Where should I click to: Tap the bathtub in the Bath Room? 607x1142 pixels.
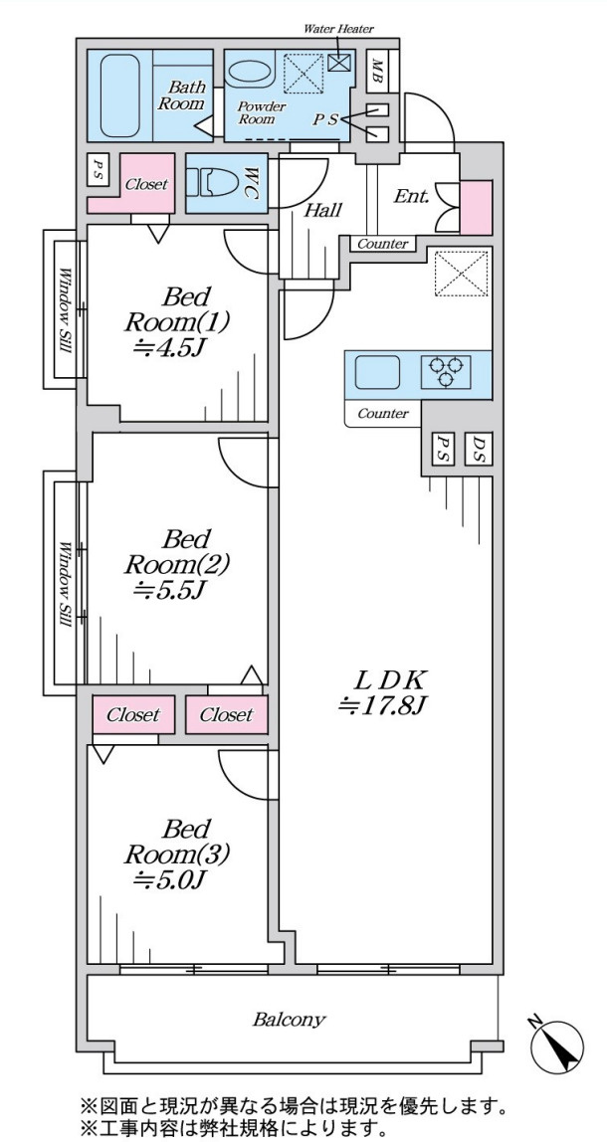119,95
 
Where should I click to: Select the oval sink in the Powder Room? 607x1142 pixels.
249,72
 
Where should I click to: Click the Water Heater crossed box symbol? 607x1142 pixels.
339,62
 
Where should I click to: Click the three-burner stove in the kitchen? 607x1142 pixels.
446,372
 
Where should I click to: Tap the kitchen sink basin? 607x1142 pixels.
377,373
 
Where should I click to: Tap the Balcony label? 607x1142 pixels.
290,1019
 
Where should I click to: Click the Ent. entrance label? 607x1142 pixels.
411,195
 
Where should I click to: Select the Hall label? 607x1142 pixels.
322,211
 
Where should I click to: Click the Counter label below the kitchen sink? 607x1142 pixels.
383,414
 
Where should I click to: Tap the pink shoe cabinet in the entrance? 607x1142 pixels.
477,208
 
